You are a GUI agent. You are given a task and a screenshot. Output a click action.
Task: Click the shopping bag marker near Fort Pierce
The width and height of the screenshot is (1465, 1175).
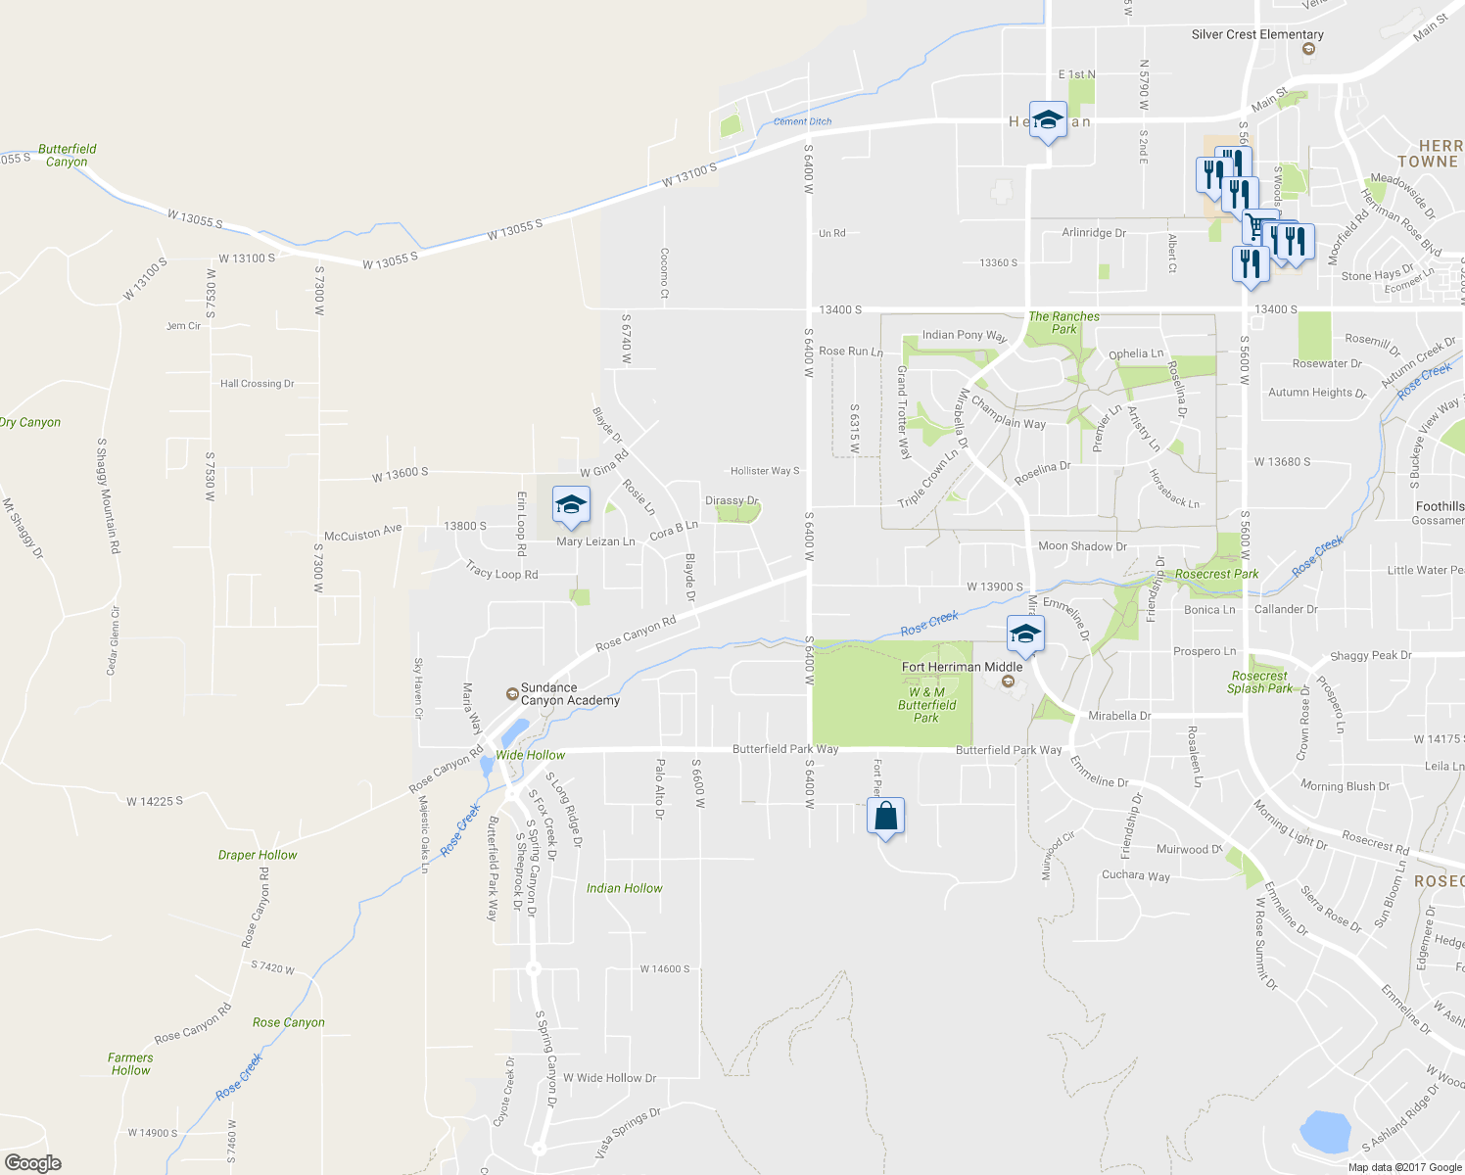(885, 817)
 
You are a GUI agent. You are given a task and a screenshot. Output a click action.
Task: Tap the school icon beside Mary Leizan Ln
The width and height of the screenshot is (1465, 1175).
(571, 505)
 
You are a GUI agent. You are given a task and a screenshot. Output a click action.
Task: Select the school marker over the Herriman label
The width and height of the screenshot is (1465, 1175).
(1047, 120)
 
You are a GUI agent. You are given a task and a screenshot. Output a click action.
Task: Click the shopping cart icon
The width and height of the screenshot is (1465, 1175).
(1257, 226)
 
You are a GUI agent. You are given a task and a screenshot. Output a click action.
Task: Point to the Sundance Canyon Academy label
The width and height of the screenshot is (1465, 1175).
(569, 694)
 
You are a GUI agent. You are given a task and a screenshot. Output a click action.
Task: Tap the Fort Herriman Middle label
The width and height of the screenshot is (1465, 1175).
(962, 667)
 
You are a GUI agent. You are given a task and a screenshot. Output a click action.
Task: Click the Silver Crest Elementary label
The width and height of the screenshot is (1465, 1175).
(1257, 34)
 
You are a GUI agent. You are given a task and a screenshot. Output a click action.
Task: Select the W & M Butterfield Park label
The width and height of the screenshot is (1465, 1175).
(926, 705)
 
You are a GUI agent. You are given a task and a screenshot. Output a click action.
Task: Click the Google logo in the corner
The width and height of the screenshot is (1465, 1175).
(32, 1162)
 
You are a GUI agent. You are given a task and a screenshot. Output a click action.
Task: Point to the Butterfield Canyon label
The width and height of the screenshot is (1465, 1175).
(67, 156)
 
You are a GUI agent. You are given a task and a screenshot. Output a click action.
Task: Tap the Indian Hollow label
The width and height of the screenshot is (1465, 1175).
(624, 888)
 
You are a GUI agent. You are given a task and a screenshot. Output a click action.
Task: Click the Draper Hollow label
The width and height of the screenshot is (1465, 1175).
(258, 855)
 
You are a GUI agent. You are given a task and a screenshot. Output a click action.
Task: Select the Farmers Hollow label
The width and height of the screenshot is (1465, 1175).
(130, 1064)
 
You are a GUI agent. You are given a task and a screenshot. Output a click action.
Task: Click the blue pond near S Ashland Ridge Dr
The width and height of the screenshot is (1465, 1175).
(1323, 1132)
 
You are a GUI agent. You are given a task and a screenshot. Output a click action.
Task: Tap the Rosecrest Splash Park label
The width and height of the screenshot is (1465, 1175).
(1259, 682)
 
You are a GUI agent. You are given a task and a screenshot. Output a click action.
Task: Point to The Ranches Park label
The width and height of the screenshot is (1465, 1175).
(1063, 323)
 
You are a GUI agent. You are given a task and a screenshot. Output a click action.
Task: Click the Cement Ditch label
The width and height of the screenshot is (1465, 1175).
(802, 121)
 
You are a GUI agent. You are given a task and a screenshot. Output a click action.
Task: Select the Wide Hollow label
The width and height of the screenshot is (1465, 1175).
(530, 755)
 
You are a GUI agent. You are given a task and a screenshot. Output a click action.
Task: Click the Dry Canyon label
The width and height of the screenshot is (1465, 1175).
(30, 422)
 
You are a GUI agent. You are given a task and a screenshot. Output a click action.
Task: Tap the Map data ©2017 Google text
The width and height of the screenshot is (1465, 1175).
(1404, 1167)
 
